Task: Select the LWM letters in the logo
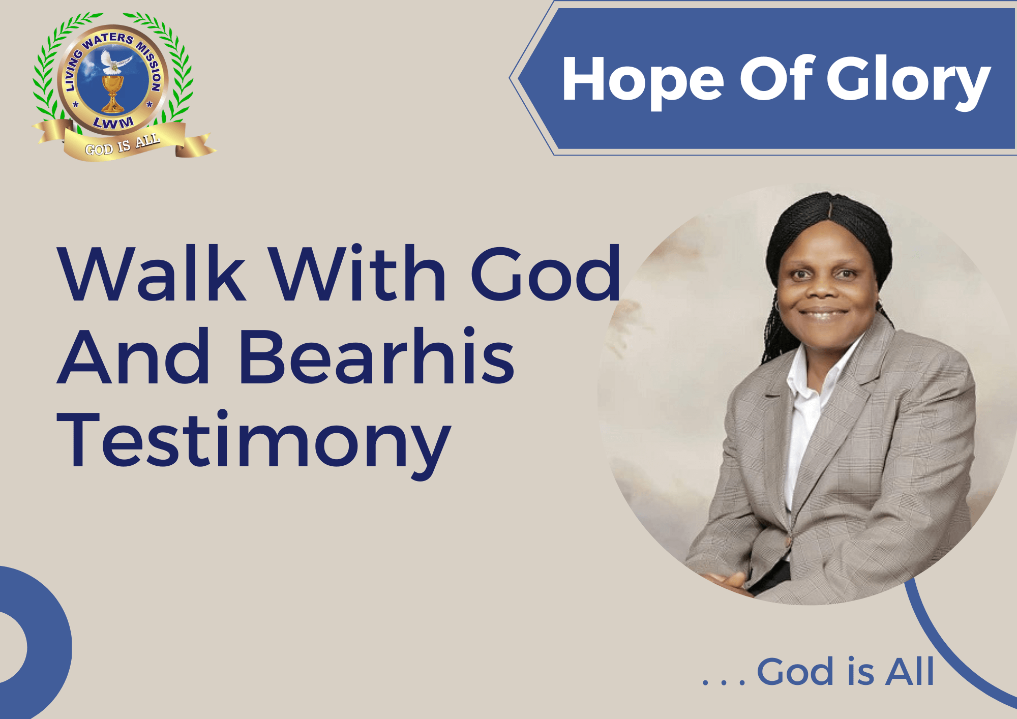tap(113, 123)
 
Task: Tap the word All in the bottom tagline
tap(910, 671)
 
